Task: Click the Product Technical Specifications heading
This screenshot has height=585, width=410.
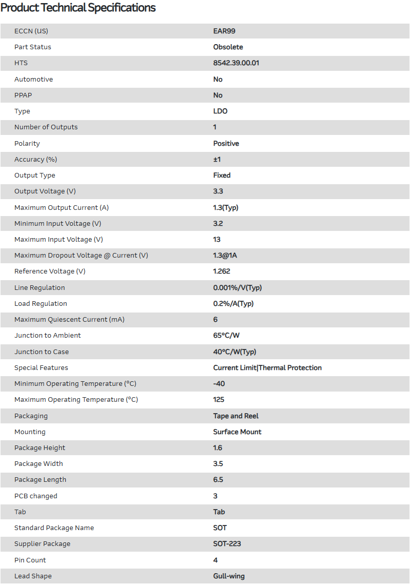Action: (78, 8)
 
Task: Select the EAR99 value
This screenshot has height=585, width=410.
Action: (224, 31)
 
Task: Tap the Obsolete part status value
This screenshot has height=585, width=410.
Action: (228, 47)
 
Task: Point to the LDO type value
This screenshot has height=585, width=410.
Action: (220, 111)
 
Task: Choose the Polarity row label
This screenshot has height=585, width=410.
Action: (27, 143)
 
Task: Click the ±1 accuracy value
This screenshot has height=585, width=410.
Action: (217, 159)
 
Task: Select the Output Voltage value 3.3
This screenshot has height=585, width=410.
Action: (218, 191)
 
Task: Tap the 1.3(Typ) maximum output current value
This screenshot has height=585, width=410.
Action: (226, 207)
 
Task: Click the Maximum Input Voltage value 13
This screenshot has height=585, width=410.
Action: (217, 239)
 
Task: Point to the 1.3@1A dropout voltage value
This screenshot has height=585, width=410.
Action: (225, 255)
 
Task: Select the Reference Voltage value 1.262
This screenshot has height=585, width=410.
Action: (222, 271)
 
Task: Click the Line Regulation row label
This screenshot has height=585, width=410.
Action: (40, 287)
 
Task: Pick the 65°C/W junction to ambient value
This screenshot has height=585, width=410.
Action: (226, 335)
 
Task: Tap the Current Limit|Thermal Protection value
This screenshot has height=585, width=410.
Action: (267, 367)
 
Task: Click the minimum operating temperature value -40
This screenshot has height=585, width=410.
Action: (219, 383)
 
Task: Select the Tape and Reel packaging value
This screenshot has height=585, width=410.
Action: (236, 416)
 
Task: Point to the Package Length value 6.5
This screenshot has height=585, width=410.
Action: (218, 479)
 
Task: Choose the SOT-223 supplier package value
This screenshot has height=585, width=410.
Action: (227, 543)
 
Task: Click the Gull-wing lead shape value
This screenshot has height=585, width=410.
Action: (229, 576)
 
